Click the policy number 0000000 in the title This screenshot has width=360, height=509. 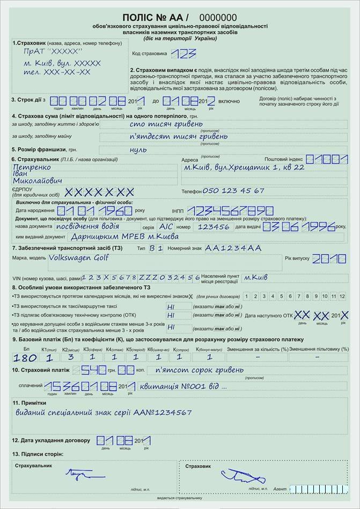pyautogui.click(x=218, y=18)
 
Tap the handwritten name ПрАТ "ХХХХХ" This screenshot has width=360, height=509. pyautogui.click(x=53, y=51)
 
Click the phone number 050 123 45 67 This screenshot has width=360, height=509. pyautogui.click(x=233, y=190)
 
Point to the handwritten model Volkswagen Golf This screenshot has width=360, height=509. pyautogui.click(x=77, y=257)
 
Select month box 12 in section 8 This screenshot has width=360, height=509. pyautogui.click(x=342, y=297)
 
